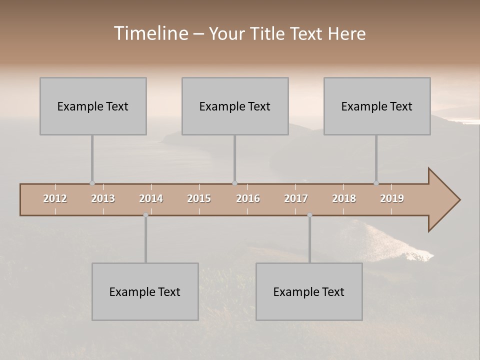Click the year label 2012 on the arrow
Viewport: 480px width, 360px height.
(55, 198)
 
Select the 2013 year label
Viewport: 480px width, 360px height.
(103, 198)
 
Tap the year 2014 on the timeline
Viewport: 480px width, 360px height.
(151, 198)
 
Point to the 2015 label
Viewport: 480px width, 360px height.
(199, 198)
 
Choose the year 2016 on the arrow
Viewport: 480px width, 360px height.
(248, 198)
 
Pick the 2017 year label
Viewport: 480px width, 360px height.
(296, 198)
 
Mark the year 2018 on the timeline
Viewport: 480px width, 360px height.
(344, 198)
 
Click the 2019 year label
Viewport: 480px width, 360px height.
(392, 198)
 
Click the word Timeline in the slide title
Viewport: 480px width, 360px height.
(150, 33)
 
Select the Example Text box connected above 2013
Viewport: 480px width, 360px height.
(93, 106)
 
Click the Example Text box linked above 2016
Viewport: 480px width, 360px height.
(235, 106)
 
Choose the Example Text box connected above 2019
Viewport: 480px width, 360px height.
(377, 106)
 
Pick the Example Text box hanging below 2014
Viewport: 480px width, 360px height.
(145, 291)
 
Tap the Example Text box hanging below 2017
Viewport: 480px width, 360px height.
(309, 291)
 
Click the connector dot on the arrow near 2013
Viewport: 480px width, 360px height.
(92, 183)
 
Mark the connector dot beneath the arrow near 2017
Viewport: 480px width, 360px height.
(309, 215)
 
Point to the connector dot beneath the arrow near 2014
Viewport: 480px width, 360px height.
(145, 215)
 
